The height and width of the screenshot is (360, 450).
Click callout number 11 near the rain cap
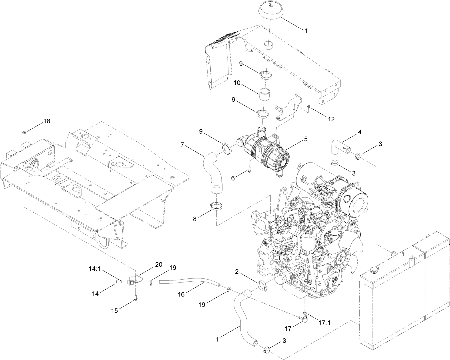[304, 31]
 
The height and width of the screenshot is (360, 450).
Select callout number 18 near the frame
[47, 121]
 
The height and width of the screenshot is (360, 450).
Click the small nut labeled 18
[24, 132]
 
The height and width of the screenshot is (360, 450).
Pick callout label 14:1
[95, 269]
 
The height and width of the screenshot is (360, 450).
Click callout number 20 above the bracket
[158, 265]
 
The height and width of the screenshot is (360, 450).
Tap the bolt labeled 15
[135, 298]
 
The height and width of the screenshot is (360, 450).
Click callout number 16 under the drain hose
[182, 294]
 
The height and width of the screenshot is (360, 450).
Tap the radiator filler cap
[372, 270]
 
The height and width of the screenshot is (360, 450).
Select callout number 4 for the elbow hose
[360, 132]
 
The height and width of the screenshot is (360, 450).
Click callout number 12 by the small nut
[331, 119]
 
